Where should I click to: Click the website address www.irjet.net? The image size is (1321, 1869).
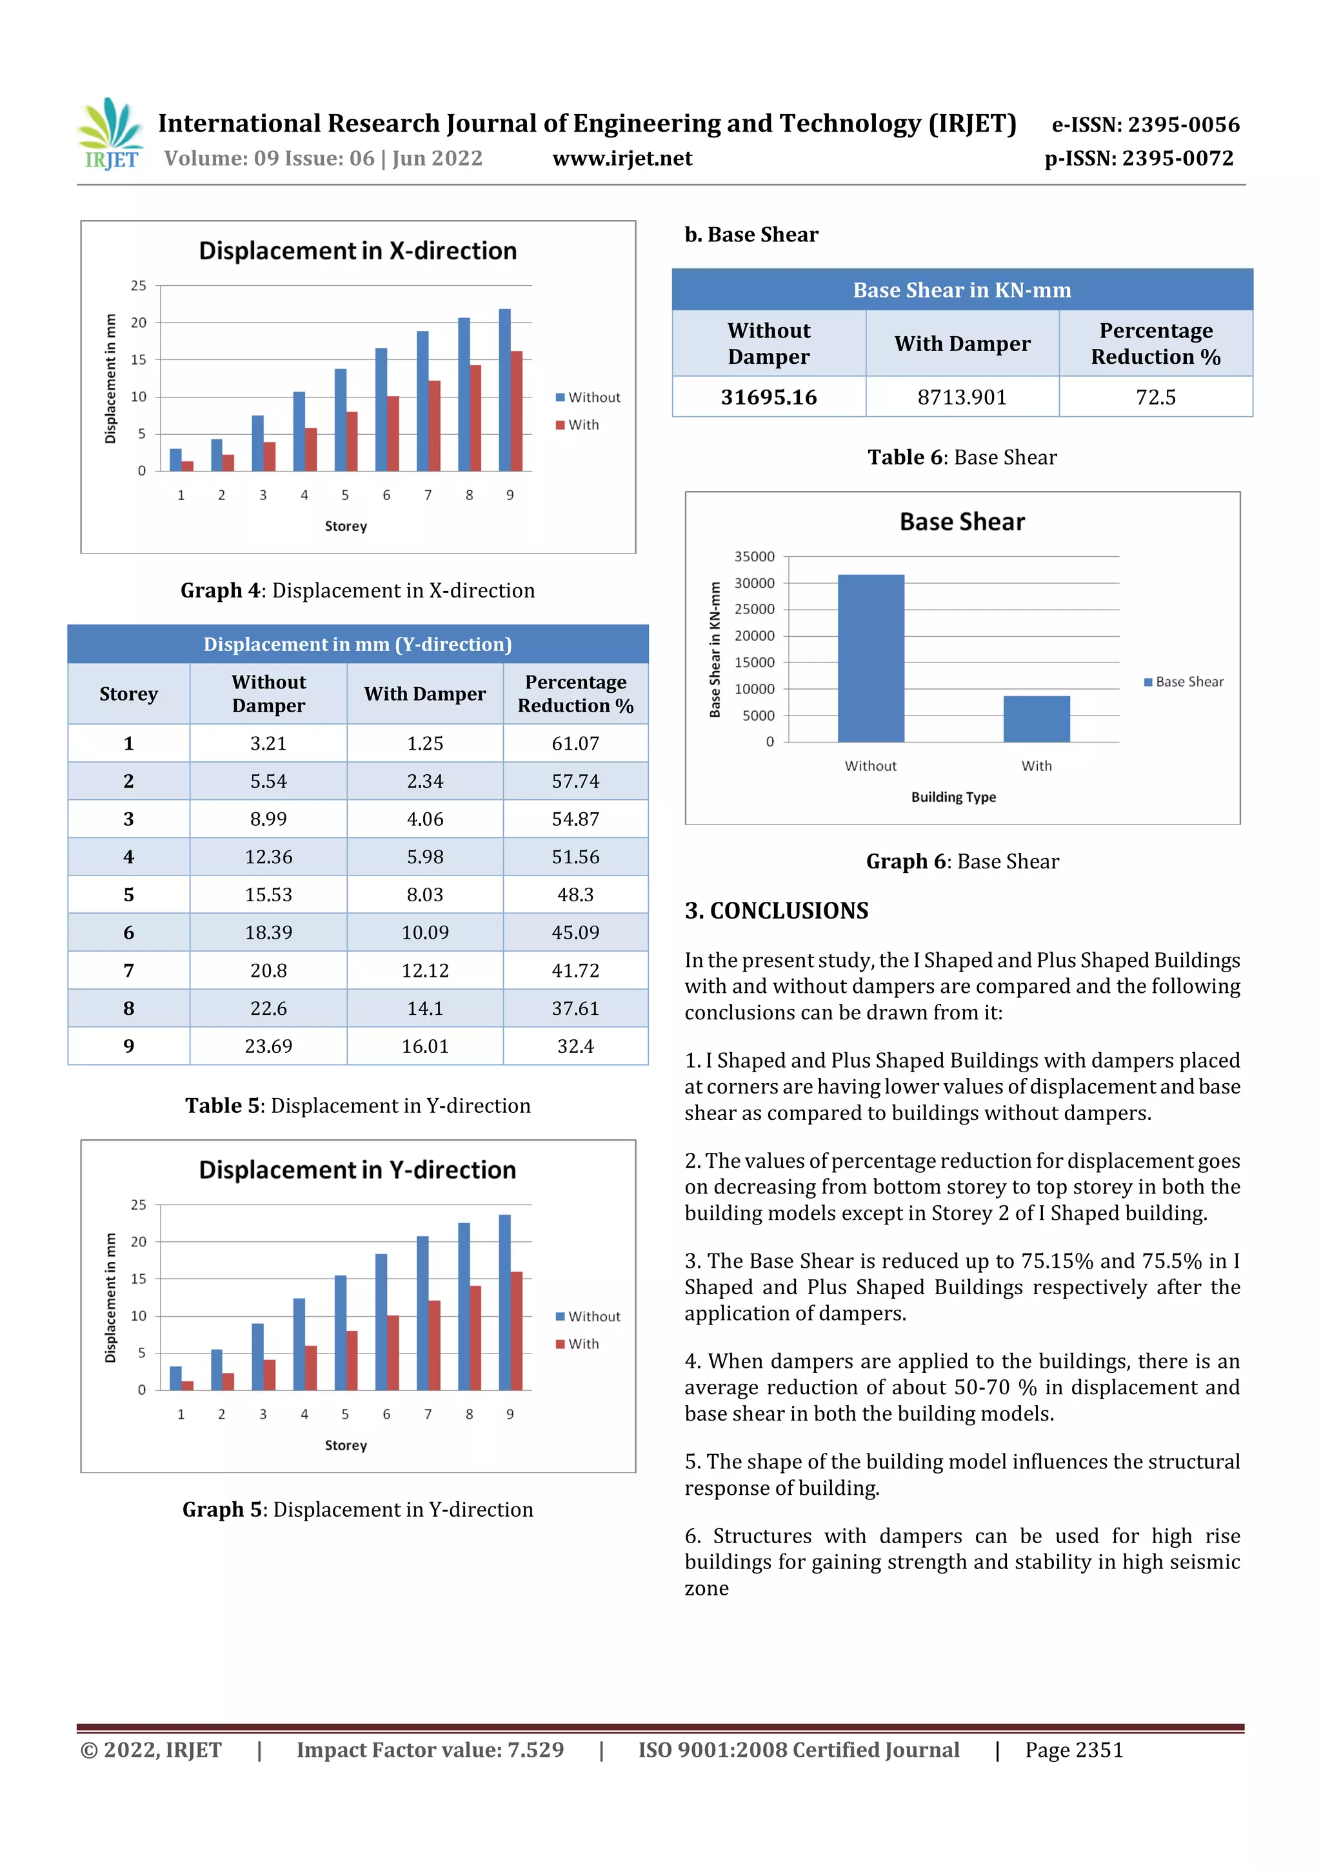click(x=622, y=159)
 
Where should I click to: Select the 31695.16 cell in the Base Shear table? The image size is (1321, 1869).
click(x=768, y=397)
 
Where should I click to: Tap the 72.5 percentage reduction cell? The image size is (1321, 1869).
click(x=1155, y=397)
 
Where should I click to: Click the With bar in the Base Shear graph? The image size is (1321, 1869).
click(x=1036, y=719)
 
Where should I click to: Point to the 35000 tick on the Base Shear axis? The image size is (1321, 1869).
click(x=755, y=557)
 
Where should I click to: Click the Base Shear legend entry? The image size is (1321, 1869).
click(x=1184, y=682)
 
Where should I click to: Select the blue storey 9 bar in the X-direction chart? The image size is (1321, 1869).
click(x=504, y=391)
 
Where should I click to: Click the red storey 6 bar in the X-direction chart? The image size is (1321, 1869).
click(x=393, y=434)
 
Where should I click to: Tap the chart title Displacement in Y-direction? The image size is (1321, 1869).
click(x=357, y=1170)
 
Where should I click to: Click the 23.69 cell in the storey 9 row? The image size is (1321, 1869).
click(x=268, y=1046)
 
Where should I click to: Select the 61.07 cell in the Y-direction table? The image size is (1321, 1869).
click(x=575, y=743)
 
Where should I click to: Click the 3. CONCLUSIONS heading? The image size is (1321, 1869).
click(x=777, y=911)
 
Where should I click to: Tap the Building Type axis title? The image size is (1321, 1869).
click(x=953, y=797)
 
